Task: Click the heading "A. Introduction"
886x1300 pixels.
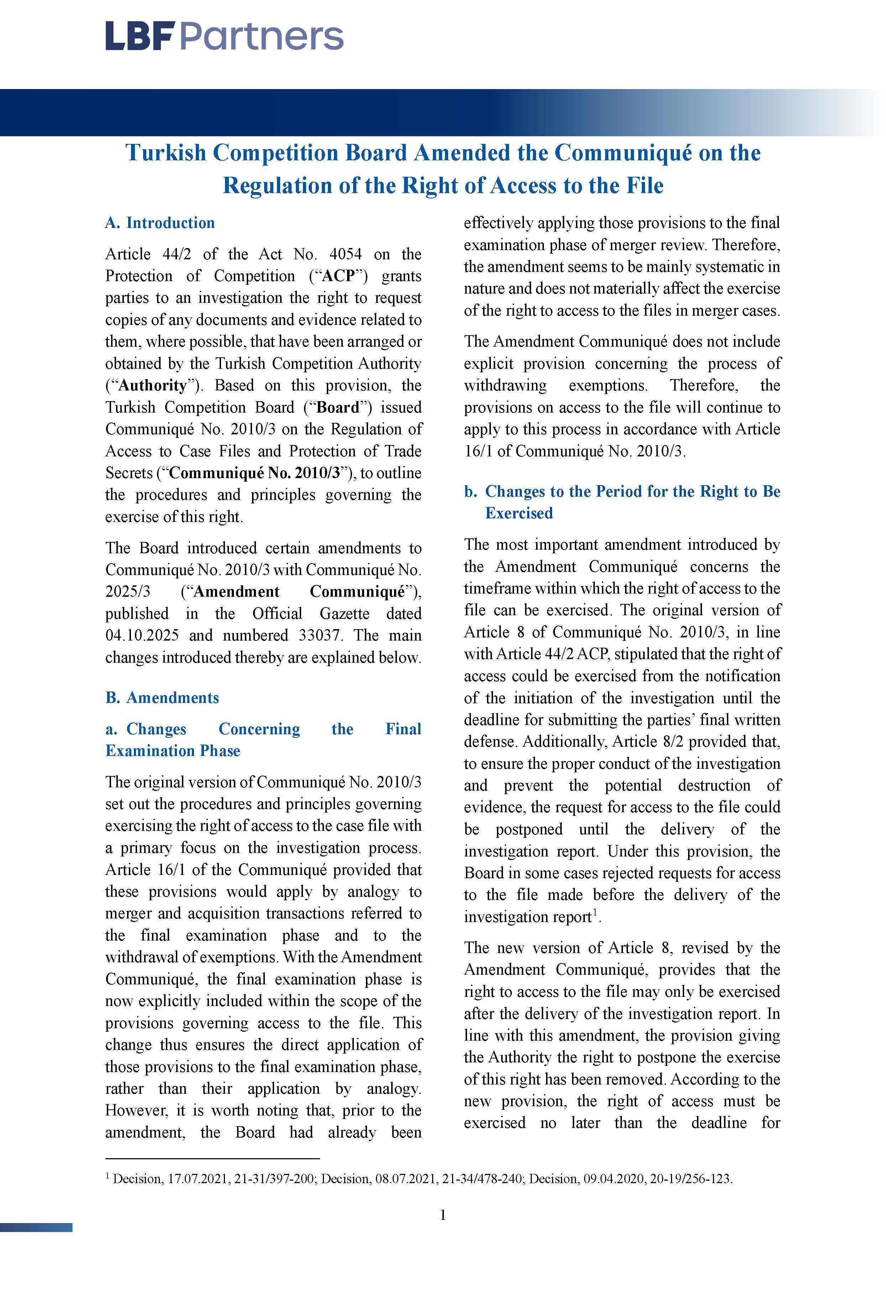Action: [160, 223]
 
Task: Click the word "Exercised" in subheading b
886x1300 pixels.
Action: [519, 513]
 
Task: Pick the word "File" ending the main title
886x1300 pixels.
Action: [645, 185]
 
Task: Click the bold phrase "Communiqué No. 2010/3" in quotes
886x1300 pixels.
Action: [255, 473]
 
